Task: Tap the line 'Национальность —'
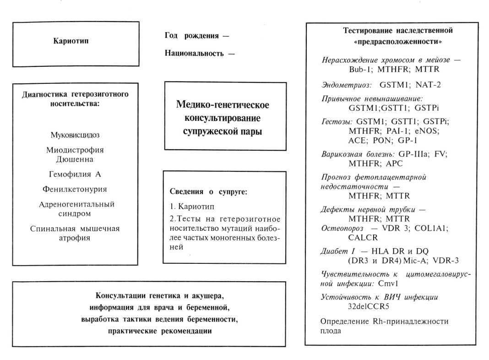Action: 200,53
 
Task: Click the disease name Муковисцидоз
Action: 75,135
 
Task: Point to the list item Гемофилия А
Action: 75,174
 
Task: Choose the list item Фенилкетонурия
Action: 75,189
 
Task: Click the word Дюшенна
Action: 75,159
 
